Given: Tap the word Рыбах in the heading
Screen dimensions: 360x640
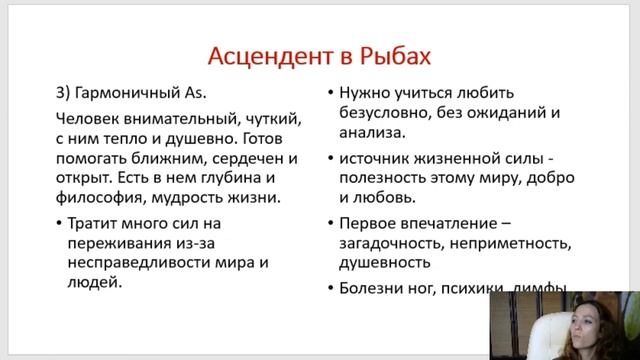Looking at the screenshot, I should (x=396, y=53).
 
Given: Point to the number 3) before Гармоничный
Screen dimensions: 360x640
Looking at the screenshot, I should (x=63, y=93).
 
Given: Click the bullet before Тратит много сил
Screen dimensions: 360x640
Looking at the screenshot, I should (x=62, y=223).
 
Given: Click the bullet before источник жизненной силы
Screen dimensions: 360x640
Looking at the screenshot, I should (x=330, y=159).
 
